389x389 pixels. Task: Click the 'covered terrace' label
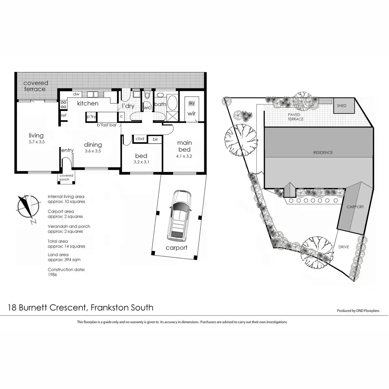[35, 86]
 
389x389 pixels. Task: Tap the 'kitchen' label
[88, 103]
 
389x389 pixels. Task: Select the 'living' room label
[36, 136]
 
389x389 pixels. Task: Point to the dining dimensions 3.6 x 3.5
[93, 151]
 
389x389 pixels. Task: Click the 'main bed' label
[184, 146]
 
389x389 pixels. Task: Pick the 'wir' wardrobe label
[192, 113]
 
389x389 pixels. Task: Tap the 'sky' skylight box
[192, 103]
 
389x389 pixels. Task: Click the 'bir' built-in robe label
[155, 139]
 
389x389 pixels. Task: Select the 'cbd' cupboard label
[140, 139]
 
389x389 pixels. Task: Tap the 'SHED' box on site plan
[342, 106]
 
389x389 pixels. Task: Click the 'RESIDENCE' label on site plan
[323, 152]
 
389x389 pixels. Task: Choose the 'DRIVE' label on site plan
[344, 247]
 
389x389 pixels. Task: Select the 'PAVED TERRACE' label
[296, 117]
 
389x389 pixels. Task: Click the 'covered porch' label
[66, 177]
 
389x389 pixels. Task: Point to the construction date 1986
[52, 275]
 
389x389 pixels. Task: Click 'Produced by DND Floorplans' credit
[358, 311]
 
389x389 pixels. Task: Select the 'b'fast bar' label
[107, 125]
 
